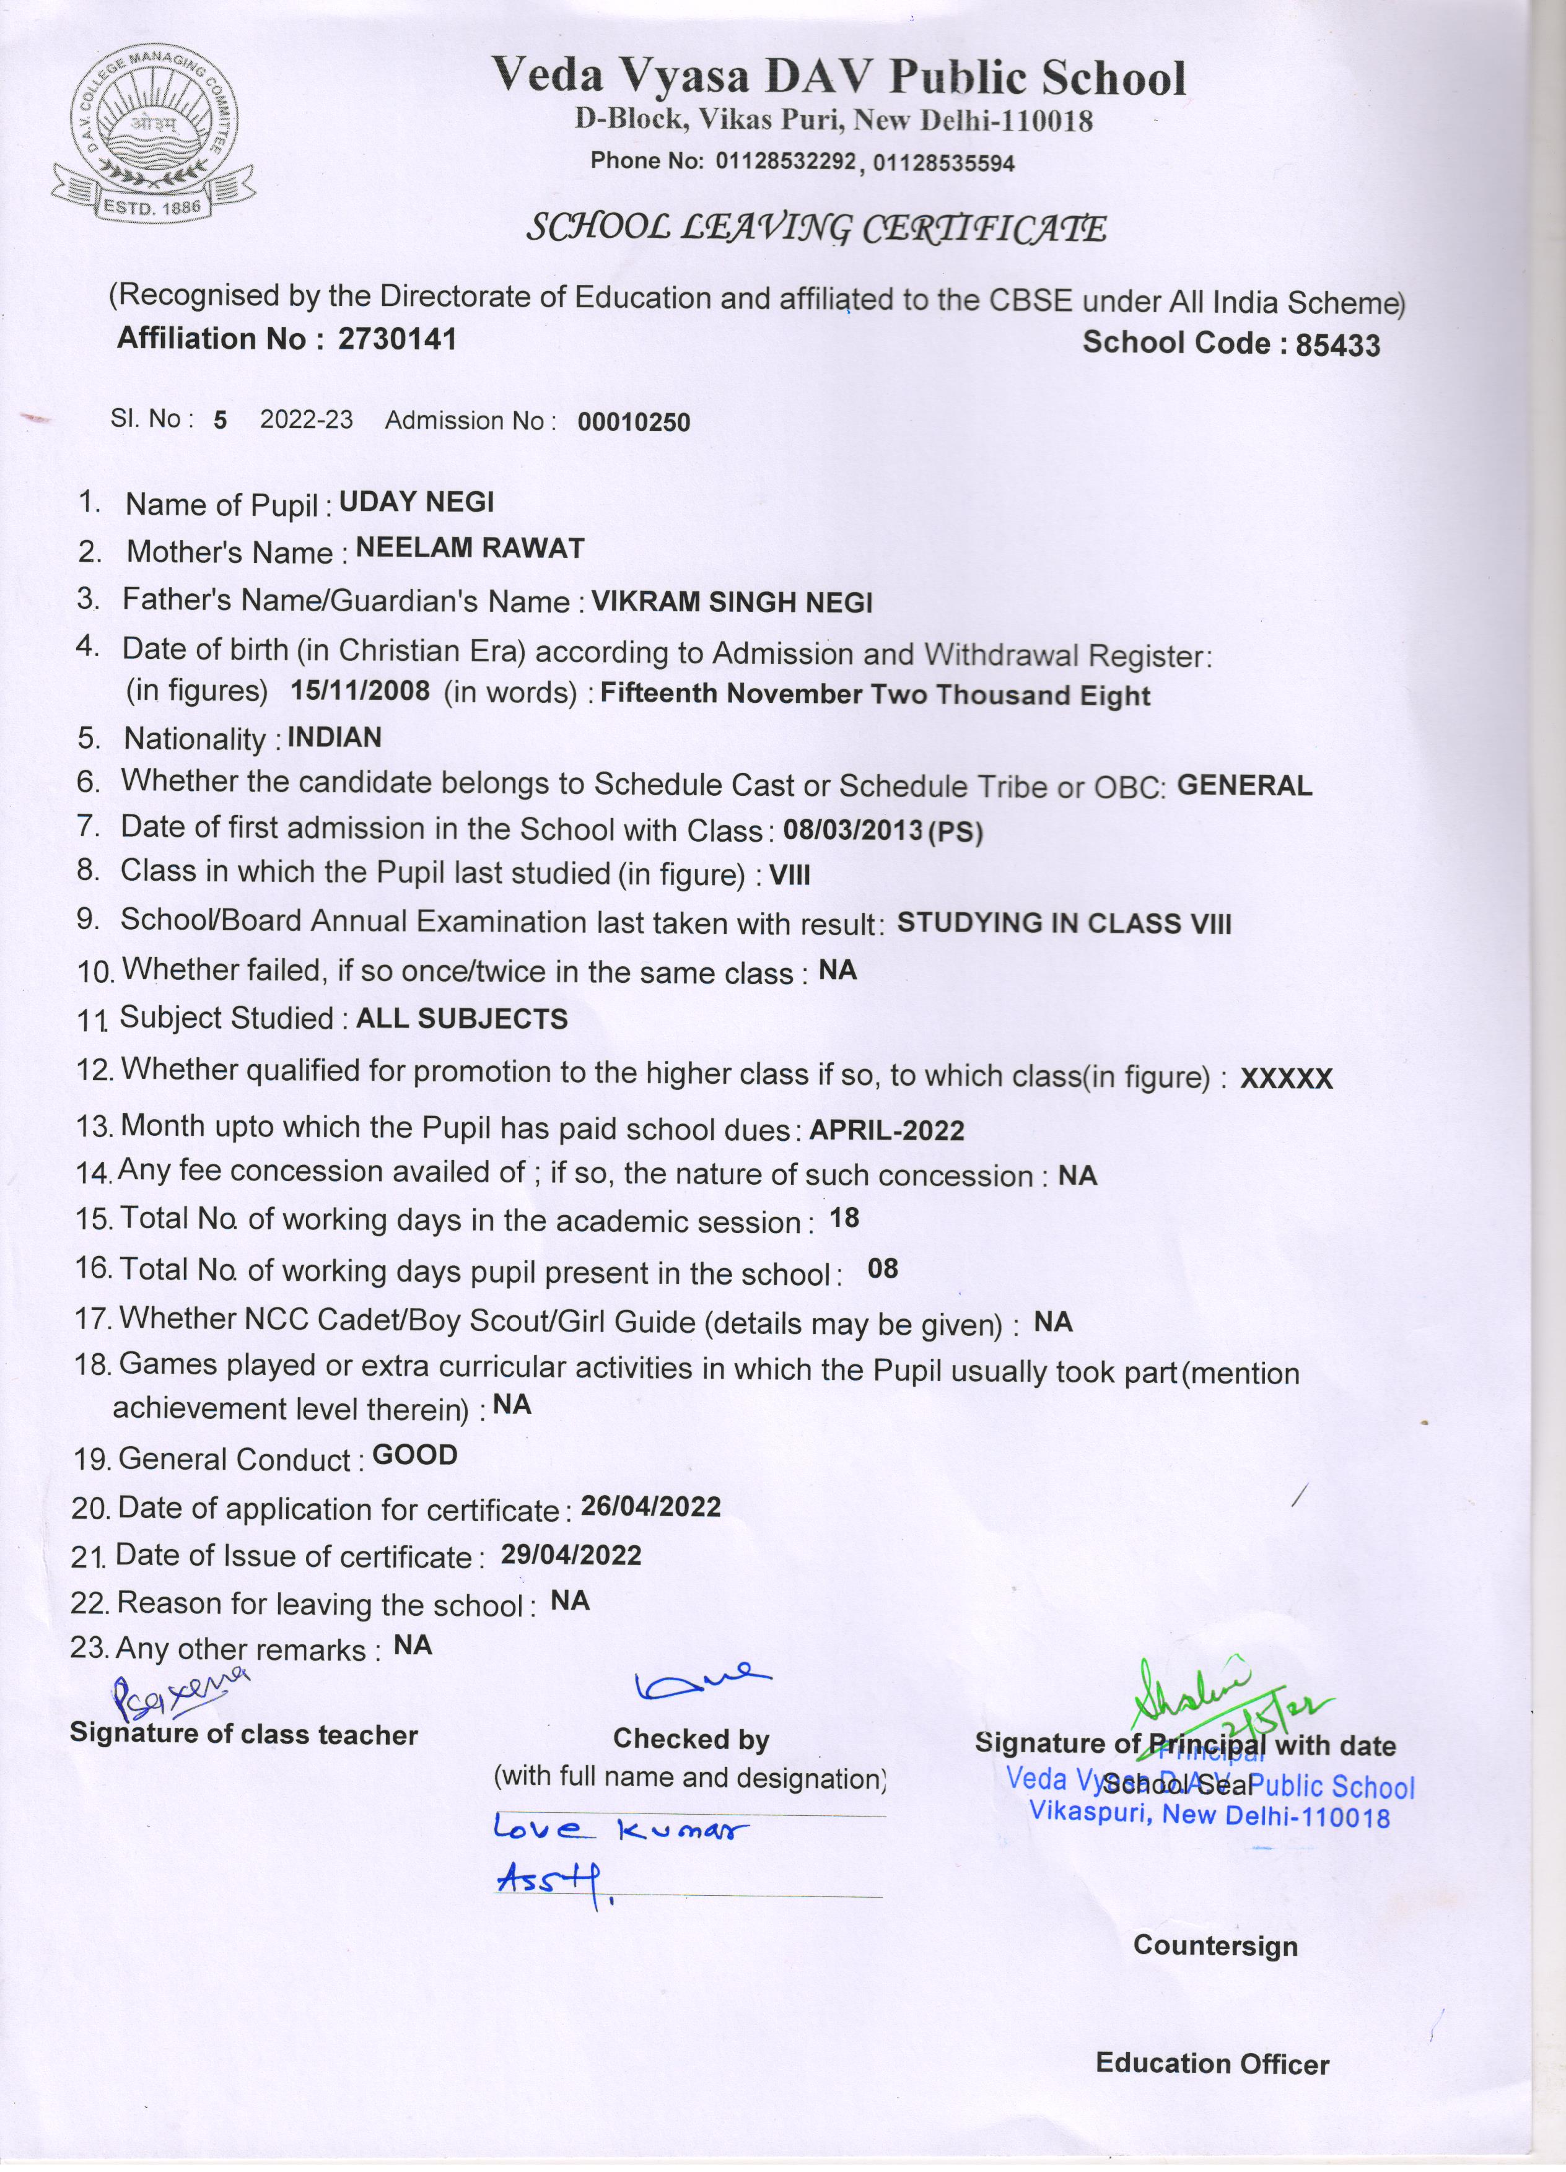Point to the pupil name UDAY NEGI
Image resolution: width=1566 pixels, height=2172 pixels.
point(417,502)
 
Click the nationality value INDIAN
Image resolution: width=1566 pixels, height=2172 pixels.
point(335,738)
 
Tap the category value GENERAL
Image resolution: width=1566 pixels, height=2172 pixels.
point(1244,785)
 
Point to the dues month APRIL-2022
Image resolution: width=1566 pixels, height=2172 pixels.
point(887,1130)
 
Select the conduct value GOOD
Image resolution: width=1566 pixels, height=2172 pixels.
point(414,1455)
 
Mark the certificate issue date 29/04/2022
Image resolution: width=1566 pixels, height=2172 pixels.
point(571,1555)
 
